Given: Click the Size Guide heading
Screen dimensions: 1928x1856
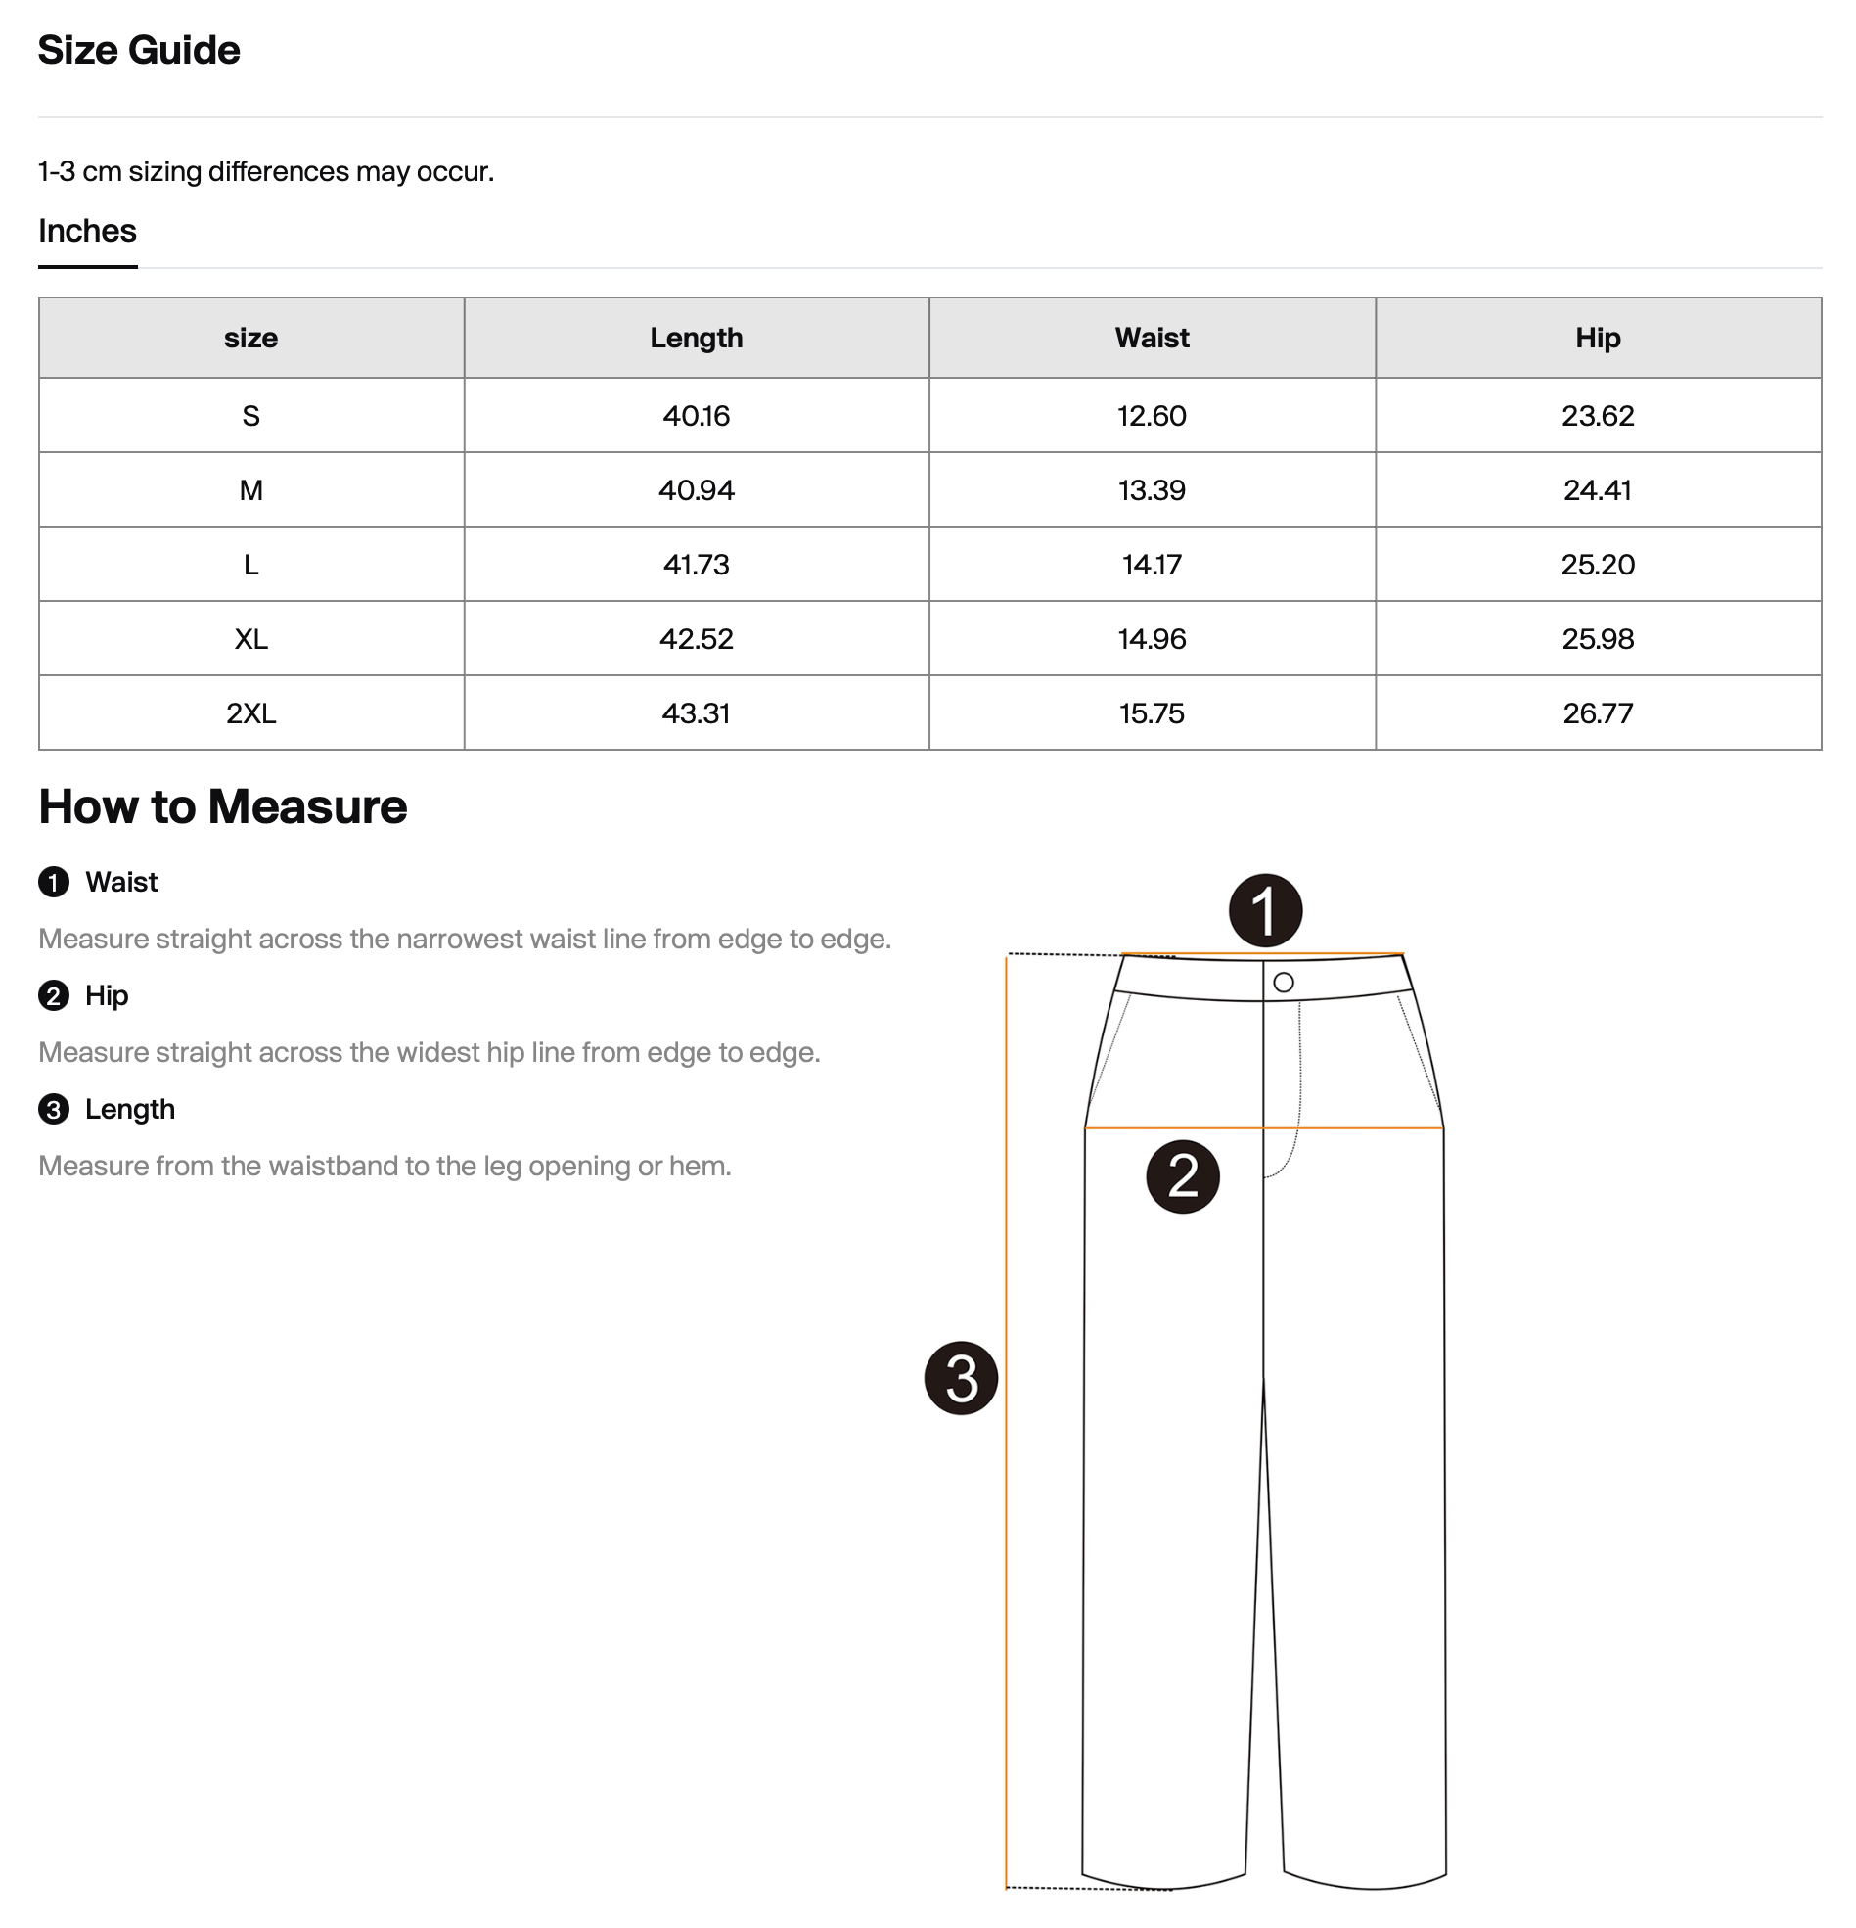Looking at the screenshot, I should (x=139, y=50).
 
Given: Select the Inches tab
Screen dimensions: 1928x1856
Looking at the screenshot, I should (x=87, y=231).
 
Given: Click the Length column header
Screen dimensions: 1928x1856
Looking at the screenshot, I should (x=696, y=338).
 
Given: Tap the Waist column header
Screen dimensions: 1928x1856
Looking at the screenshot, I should (x=1151, y=338).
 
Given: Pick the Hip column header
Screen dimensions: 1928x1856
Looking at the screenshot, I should (x=1598, y=338).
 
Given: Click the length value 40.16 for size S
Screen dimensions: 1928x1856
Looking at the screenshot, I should (x=696, y=415).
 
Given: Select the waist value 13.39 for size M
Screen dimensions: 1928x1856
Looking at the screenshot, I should (x=1151, y=490).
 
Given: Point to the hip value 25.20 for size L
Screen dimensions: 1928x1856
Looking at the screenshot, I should (x=1598, y=565).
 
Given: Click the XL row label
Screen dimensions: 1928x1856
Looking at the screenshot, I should (x=250, y=639).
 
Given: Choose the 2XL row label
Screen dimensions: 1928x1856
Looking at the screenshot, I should (x=250, y=713).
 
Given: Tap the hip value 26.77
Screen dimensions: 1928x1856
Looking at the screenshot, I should (x=1598, y=713).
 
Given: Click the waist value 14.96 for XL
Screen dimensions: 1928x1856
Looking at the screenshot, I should (x=1151, y=639).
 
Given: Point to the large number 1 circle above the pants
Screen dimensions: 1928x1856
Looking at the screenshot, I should (x=1265, y=911).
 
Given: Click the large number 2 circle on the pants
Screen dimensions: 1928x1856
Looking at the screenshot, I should (x=1182, y=1176).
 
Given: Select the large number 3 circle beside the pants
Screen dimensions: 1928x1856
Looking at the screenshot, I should (x=961, y=1378).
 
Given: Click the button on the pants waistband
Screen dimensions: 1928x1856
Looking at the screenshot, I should (x=1283, y=982).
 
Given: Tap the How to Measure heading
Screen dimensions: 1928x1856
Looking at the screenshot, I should (x=222, y=806).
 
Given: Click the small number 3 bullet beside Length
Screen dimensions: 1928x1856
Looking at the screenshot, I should (x=54, y=1110).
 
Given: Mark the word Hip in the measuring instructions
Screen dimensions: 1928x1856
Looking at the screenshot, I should (x=107, y=995).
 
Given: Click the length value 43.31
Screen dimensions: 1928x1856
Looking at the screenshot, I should (x=696, y=713).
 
